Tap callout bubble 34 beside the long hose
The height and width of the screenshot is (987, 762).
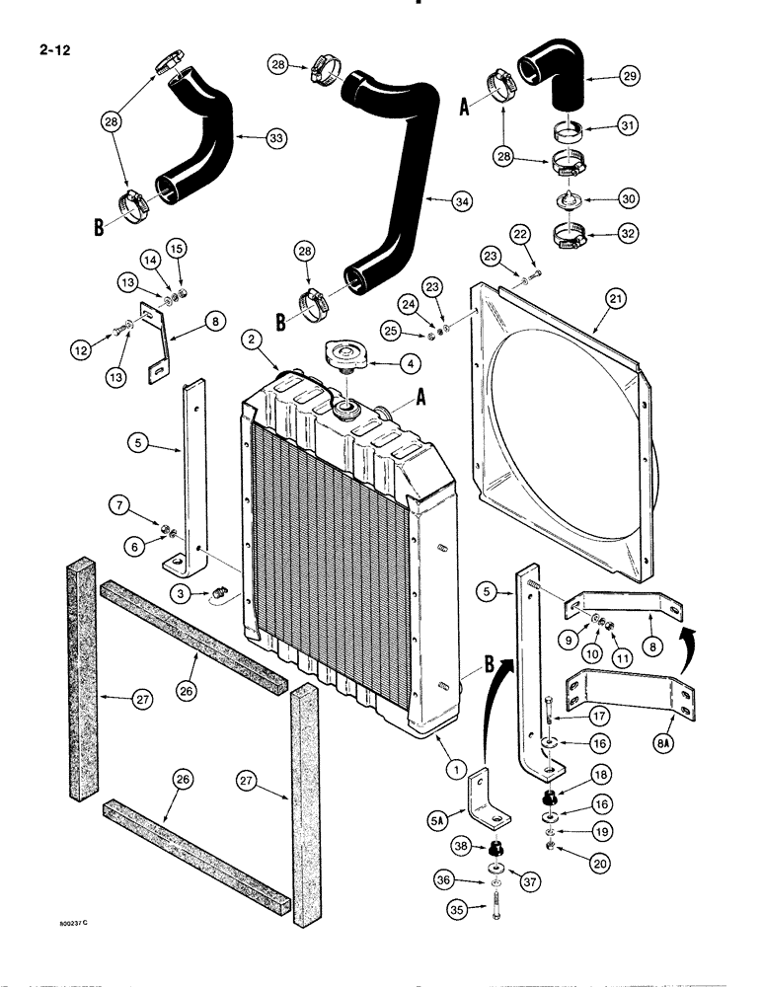[459, 200]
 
